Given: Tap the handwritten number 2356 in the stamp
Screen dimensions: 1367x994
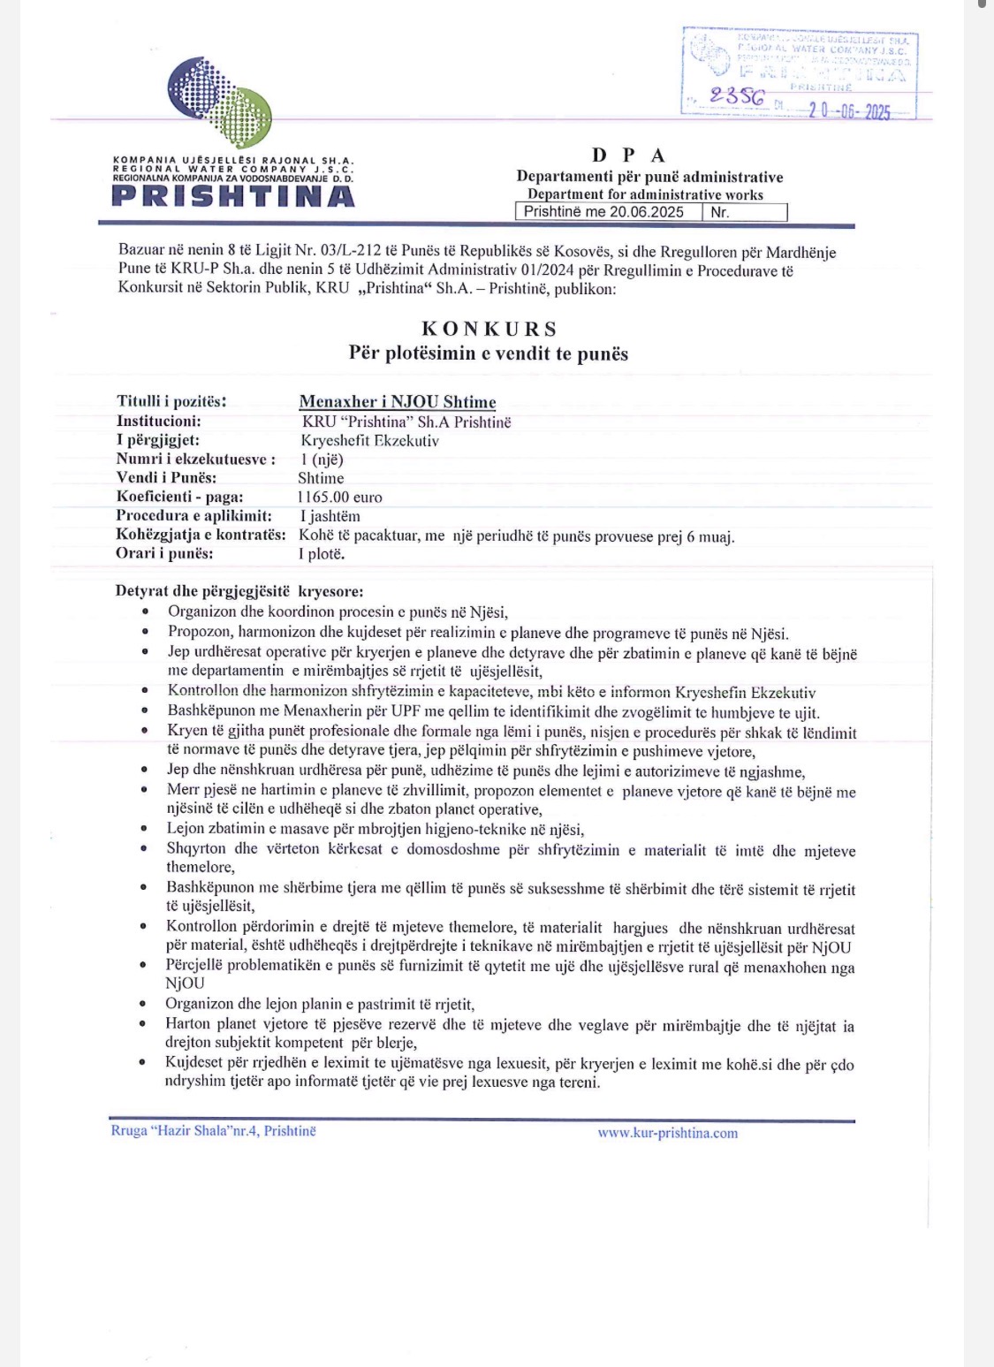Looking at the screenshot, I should pyautogui.click(x=737, y=96).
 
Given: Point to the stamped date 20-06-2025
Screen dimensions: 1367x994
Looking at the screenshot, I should pyautogui.click(x=849, y=112).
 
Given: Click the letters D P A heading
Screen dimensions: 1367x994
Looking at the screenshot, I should pyautogui.click(x=628, y=156).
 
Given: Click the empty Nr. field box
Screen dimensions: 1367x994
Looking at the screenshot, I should pyautogui.click(x=744, y=212).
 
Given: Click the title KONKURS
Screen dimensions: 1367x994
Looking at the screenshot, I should pyautogui.click(x=489, y=329).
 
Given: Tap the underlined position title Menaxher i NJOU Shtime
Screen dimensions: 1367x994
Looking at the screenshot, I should pyautogui.click(x=398, y=402).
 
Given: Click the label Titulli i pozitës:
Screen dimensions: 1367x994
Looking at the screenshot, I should pyautogui.click(x=171, y=401).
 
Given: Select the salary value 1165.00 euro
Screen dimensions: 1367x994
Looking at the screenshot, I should pyautogui.click(x=340, y=497).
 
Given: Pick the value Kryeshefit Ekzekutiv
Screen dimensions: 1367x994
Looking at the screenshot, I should pyautogui.click(x=369, y=440).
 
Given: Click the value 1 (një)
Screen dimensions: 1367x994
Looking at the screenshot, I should pyautogui.click(x=322, y=459).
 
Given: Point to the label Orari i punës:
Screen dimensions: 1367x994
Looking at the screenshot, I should pyautogui.click(x=164, y=554).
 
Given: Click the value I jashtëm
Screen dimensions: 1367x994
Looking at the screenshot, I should pyautogui.click(x=330, y=516).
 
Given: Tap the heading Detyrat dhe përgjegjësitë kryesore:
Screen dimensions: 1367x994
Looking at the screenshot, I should pyautogui.click(x=239, y=591).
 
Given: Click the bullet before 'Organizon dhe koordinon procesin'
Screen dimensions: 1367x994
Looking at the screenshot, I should pyautogui.click(x=146, y=611).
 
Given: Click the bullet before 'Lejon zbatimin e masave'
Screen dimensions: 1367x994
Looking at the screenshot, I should pyautogui.click(x=145, y=830).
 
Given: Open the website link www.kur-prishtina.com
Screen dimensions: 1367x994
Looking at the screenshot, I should pyautogui.click(x=667, y=1133).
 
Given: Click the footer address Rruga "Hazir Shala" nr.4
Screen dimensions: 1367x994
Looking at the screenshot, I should pyautogui.click(x=213, y=1131).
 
